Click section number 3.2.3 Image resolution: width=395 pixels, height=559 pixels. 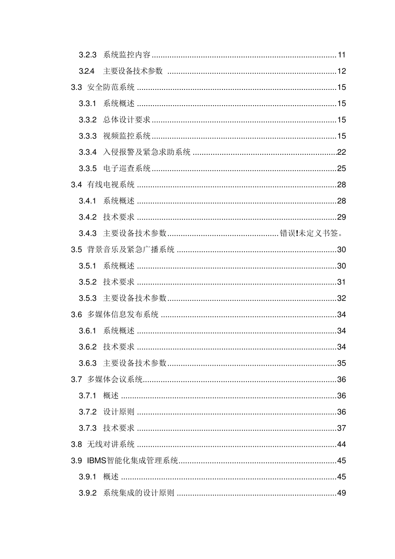87,55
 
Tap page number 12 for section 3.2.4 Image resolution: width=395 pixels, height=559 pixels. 341,71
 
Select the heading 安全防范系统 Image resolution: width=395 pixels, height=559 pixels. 111,87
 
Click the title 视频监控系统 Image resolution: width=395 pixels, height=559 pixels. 127,136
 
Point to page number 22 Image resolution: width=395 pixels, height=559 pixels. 341,152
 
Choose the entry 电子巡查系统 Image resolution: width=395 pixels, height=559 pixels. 127,168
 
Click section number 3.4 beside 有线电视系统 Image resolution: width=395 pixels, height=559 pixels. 76,185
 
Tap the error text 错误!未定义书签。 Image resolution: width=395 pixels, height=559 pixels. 311,233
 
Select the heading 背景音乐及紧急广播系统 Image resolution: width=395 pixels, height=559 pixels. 131,250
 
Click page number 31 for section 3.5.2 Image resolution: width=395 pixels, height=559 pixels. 341,282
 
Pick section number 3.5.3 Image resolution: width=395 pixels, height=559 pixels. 87,298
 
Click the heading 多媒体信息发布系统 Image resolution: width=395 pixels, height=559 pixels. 123,314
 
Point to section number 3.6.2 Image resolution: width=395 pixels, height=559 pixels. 87,347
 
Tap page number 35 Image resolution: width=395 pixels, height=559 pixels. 341,363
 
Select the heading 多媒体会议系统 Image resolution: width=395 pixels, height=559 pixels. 115,379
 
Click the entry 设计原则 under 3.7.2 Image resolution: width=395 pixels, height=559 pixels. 119,412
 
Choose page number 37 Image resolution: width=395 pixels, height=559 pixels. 341,428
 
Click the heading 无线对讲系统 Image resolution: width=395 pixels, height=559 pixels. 111,444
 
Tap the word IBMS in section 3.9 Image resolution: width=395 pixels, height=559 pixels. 96,460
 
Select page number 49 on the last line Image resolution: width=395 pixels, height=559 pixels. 341,493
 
